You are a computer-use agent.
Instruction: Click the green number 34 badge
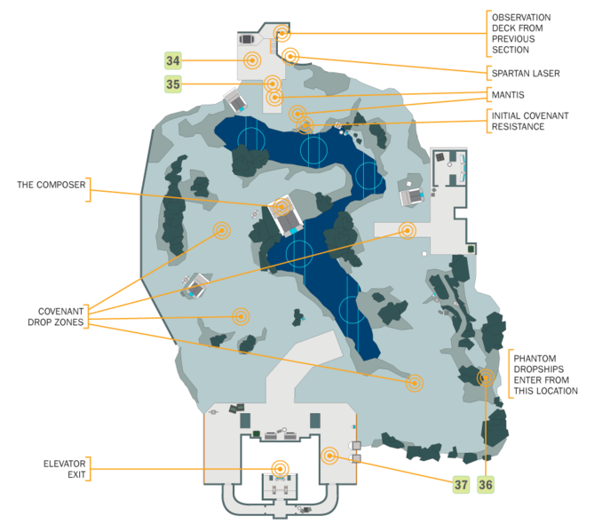[x=173, y=60]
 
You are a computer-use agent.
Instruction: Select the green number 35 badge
[x=173, y=84]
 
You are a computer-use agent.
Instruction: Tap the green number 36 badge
[x=486, y=484]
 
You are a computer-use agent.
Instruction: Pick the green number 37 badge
[x=461, y=484]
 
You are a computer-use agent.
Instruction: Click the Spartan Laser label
[x=526, y=73]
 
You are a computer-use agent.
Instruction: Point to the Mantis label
[x=507, y=94]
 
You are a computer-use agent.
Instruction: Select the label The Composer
[x=51, y=185]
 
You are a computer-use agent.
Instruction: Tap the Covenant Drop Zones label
[x=60, y=317]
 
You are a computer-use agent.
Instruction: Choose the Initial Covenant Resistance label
[x=531, y=121]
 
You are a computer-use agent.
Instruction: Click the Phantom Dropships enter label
[x=543, y=373]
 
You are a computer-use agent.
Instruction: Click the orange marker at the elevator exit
[x=280, y=468]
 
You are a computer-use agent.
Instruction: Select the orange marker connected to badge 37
[x=330, y=457]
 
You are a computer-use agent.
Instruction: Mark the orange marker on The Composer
[x=282, y=207]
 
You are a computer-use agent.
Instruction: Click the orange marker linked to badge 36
[x=485, y=377]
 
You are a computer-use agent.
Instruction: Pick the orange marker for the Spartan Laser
[x=290, y=56]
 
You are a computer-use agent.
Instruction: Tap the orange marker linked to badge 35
[x=273, y=83]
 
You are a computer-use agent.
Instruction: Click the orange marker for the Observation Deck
[x=282, y=34]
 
